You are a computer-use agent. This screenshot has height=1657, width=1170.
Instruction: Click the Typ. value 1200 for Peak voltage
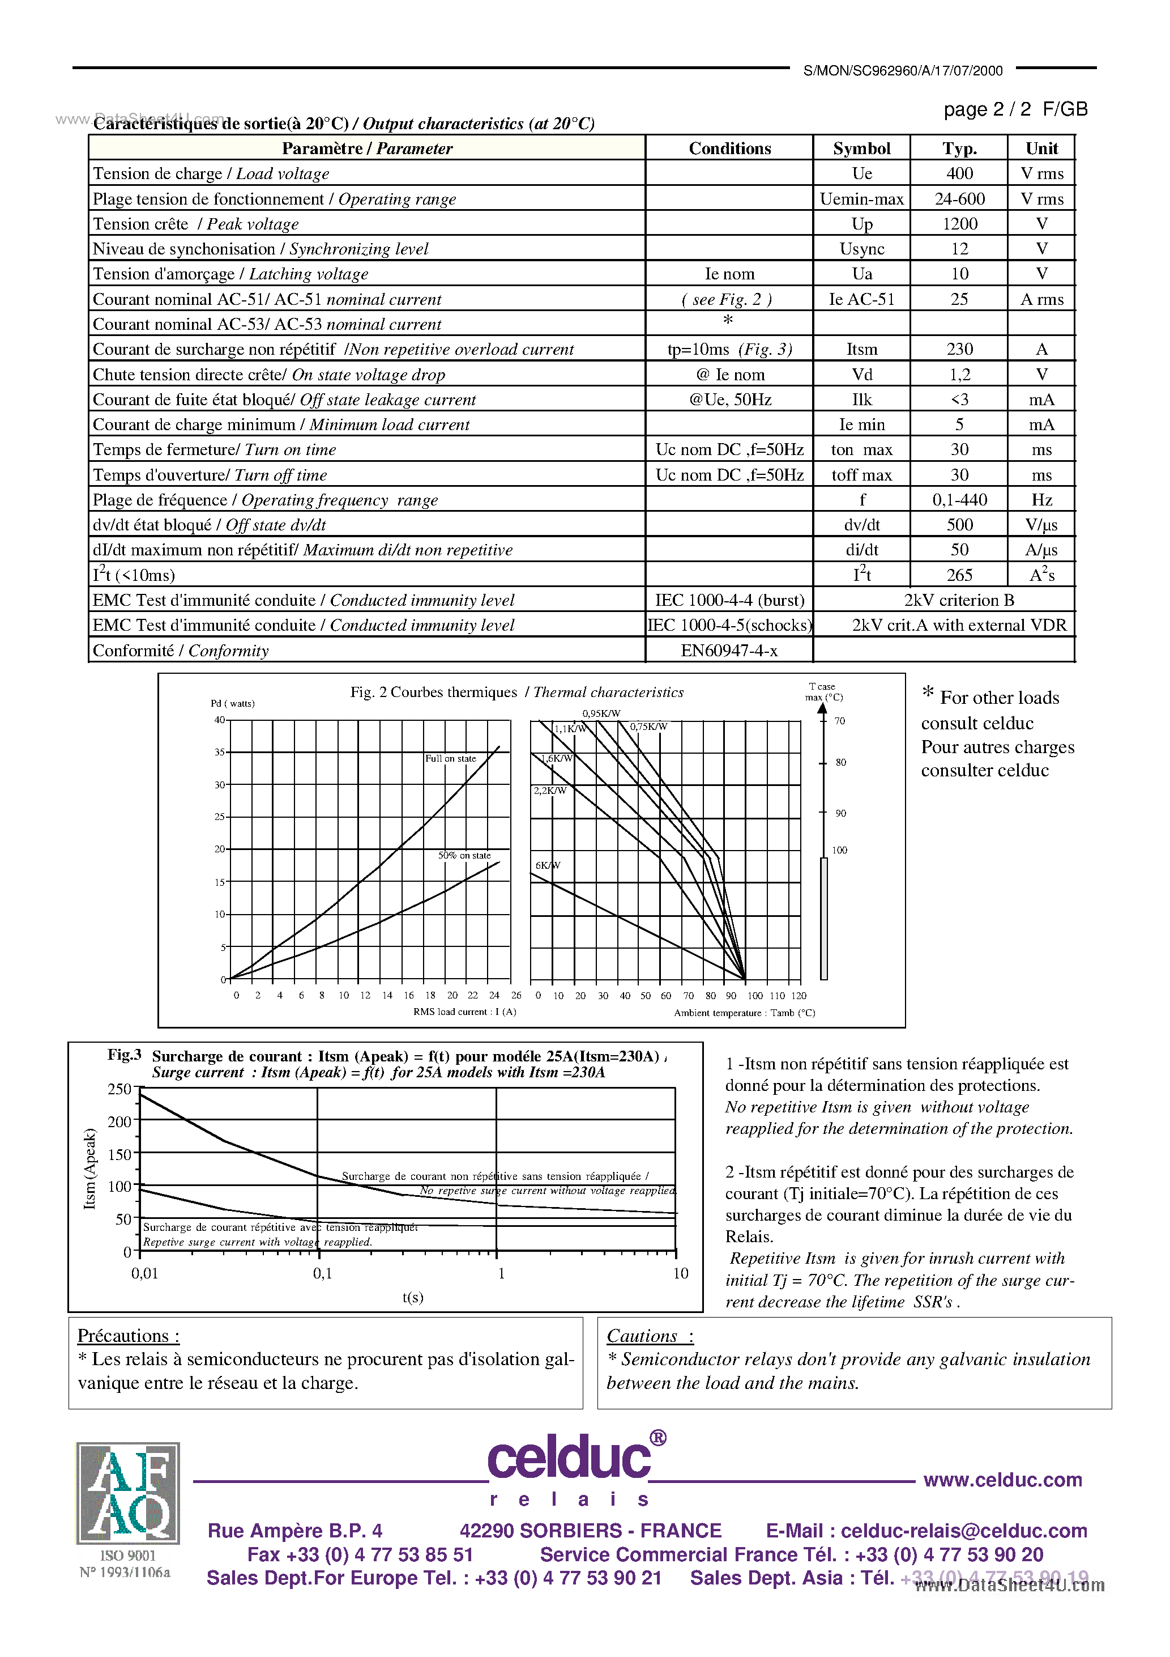pos(959,224)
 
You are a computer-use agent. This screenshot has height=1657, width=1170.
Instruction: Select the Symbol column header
pos(861,148)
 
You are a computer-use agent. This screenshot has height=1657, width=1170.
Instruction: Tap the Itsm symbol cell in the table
pos(861,349)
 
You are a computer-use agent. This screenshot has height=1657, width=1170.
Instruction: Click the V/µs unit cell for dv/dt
pos(1041,525)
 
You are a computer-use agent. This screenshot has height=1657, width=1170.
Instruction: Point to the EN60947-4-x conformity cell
pos(728,650)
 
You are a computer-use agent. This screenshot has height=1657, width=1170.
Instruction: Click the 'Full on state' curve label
pos(450,758)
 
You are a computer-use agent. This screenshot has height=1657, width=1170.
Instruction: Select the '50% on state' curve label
pos(464,855)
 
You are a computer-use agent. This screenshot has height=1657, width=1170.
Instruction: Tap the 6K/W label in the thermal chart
pos(548,865)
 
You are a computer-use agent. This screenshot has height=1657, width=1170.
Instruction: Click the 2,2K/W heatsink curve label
pos(550,791)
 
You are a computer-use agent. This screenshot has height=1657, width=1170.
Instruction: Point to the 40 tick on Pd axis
pos(219,720)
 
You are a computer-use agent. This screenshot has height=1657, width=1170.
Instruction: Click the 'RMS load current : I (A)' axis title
pos(464,1012)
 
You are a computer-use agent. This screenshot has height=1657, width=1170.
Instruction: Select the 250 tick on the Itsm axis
pos(119,1089)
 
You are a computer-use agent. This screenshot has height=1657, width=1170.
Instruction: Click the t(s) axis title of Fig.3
pos(413,1297)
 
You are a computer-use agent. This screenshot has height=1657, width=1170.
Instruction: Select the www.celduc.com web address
pos(1002,1480)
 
